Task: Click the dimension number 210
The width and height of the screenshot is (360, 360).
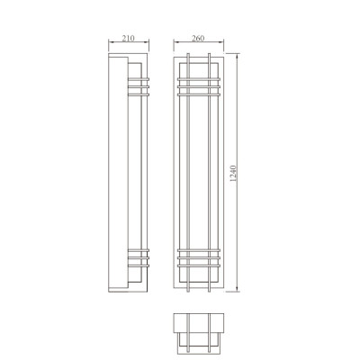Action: [x=126, y=39]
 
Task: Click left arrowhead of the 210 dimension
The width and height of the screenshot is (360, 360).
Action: [x=110, y=44]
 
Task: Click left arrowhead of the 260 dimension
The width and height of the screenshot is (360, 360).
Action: [x=177, y=44]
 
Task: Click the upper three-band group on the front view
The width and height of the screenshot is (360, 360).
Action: [x=198, y=85]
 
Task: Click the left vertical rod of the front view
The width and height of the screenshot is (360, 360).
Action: [x=186, y=171]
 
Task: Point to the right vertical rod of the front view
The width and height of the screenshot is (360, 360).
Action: [x=210, y=171]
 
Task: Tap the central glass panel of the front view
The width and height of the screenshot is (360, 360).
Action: [x=198, y=171]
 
